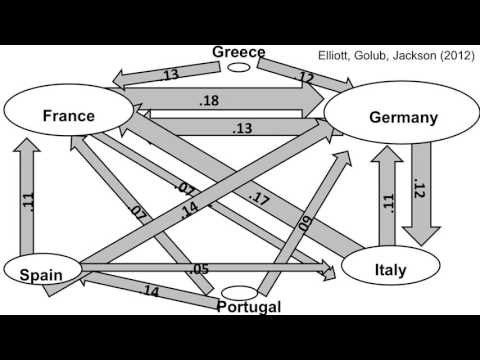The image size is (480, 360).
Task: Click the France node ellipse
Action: (69, 116)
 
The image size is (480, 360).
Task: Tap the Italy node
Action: (391, 268)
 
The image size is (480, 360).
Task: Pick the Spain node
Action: (42, 273)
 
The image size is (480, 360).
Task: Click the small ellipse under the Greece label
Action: (239, 68)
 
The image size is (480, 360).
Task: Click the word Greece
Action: (239, 53)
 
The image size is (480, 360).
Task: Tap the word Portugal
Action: (249, 307)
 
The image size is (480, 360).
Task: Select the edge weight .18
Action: (209, 101)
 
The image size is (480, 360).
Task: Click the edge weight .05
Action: (199, 269)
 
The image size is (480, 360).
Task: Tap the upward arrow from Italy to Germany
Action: (386, 200)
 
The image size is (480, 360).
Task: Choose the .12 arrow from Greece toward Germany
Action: (300, 75)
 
